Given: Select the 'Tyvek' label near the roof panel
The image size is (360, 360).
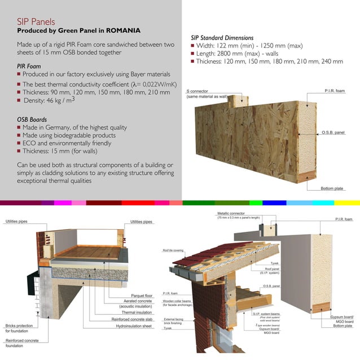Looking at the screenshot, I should click(x=275, y=262).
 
